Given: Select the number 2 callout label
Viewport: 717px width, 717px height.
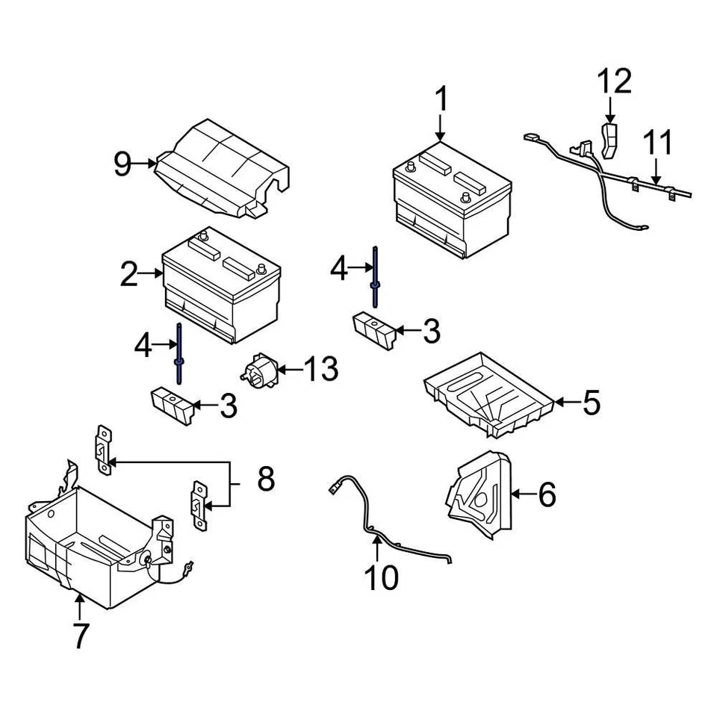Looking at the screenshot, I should [x=129, y=275].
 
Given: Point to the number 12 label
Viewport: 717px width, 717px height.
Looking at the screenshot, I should [x=614, y=81].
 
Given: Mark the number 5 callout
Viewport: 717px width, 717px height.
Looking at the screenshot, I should [x=591, y=403].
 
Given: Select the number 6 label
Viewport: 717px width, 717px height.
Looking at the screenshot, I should [x=547, y=494].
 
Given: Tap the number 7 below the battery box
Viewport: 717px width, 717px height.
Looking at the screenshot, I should [x=80, y=636].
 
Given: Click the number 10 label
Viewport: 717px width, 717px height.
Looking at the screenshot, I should [x=381, y=577].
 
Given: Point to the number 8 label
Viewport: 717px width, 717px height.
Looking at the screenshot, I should [x=265, y=479].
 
